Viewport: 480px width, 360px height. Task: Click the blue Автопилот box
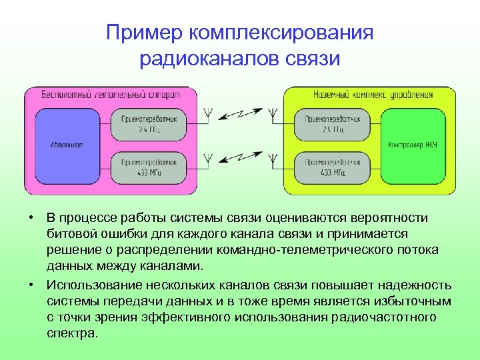(x=66, y=144)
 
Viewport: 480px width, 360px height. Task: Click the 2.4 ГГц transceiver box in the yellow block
(x=333, y=123)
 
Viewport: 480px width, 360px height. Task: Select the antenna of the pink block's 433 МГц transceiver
(x=208, y=157)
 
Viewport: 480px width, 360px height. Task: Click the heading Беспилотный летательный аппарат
(x=111, y=94)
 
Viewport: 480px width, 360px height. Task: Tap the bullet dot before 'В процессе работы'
(x=31, y=218)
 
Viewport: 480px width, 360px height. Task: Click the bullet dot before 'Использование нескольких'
(x=31, y=285)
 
